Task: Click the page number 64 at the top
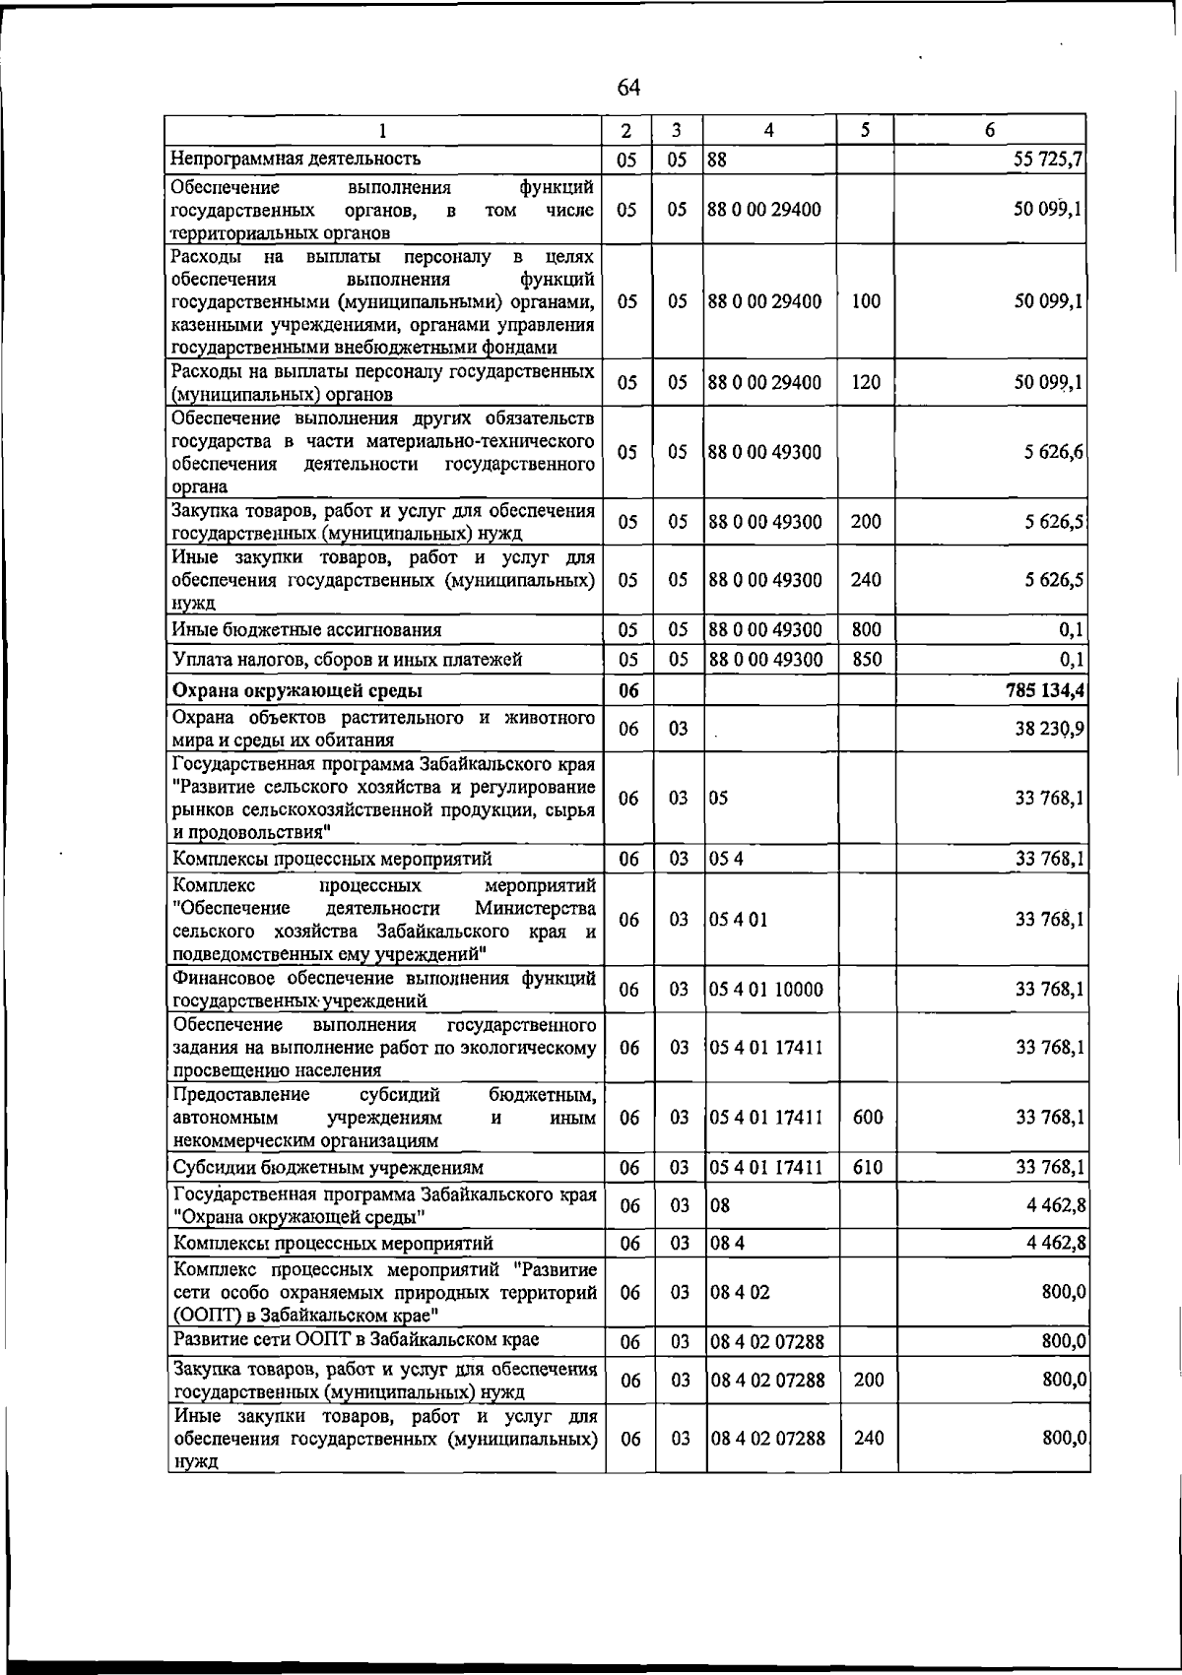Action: click(628, 88)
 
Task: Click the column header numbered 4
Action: click(768, 130)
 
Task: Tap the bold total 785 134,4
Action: click(1042, 689)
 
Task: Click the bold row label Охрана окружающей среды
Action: click(297, 689)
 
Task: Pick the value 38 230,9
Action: click(1050, 729)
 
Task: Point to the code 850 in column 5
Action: click(866, 659)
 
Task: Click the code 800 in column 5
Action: click(866, 629)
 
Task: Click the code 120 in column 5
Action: click(866, 382)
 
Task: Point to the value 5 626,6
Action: click(1054, 452)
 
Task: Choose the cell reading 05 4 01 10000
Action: click(765, 990)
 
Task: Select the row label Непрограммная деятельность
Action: click(296, 158)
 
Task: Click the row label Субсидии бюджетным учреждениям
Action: click(329, 1168)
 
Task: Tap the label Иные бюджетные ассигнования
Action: click(306, 629)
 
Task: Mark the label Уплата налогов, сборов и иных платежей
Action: click(347, 659)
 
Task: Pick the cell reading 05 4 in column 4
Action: click(726, 859)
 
